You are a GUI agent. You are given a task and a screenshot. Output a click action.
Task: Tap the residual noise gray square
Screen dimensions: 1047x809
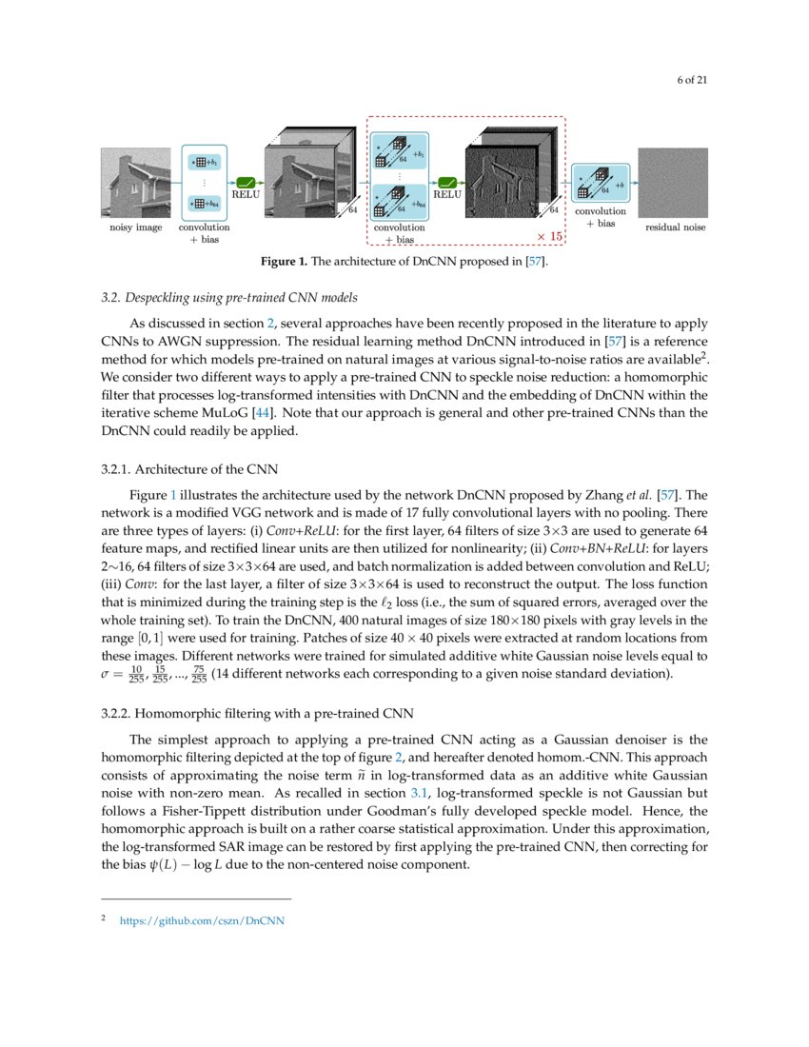(673, 183)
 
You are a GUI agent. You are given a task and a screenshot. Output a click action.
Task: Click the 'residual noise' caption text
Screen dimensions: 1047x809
(675, 227)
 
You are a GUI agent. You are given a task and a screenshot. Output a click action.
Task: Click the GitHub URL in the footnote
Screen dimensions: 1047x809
(202, 920)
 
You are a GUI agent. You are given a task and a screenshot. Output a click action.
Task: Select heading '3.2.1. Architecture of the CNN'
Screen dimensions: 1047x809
(189, 468)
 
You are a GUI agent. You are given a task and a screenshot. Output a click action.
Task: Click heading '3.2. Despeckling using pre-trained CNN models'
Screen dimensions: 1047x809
(229, 298)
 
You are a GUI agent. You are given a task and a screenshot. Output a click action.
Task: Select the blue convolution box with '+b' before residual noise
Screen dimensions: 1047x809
(601, 183)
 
